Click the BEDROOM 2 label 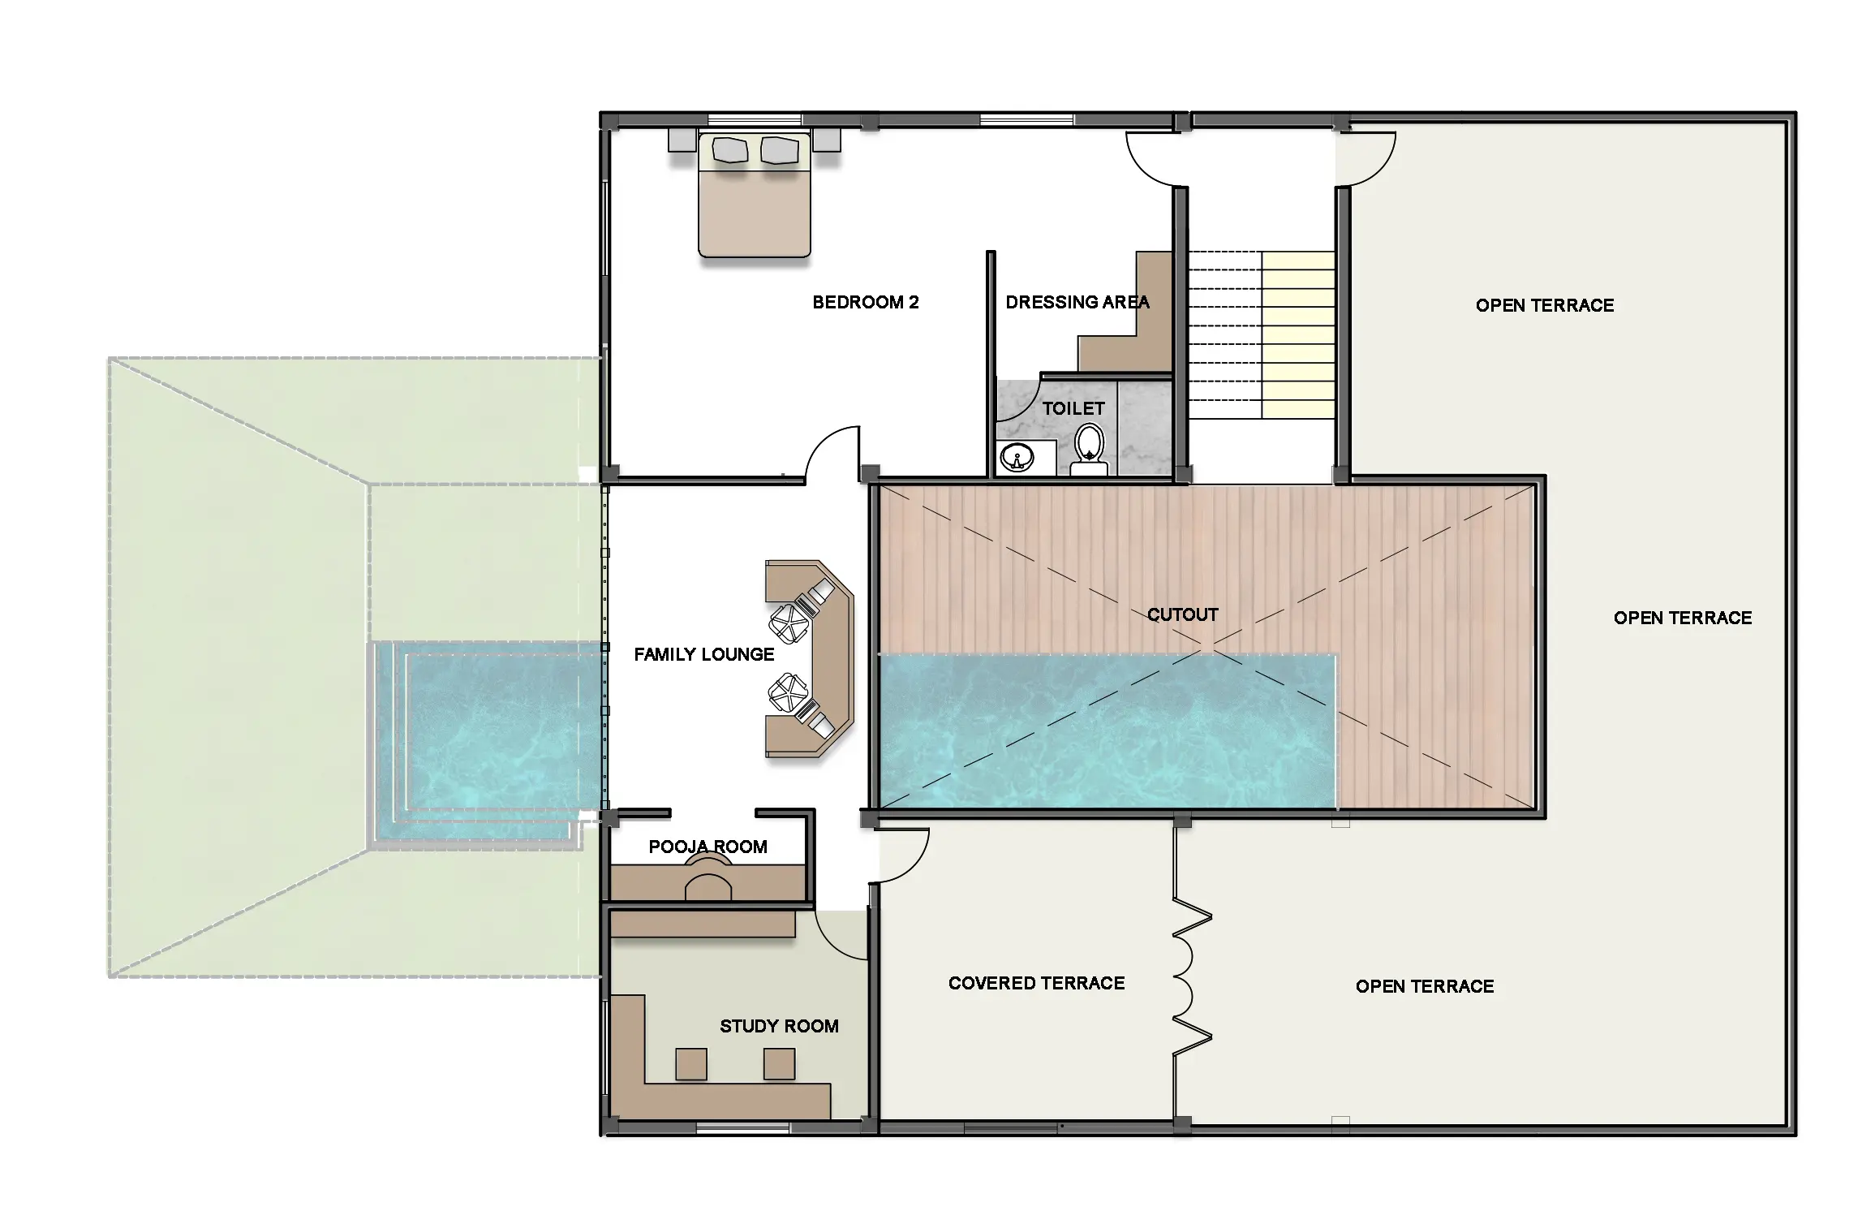(866, 303)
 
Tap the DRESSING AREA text (1077, 303)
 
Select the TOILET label (1073, 408)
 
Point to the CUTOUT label (1183, 614)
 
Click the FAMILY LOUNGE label (704, 654)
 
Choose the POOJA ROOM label (708, 847)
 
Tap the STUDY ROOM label (779, 1026)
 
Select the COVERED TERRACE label (1037, 983)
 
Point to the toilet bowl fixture (1089, 451)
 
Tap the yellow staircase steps (1298, 334)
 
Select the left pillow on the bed (729, 150)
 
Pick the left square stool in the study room (691, 1063)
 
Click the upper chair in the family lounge (790, 623)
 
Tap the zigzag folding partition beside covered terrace (1192, 982)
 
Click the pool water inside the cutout (1107, 732)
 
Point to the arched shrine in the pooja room (708, 881)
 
